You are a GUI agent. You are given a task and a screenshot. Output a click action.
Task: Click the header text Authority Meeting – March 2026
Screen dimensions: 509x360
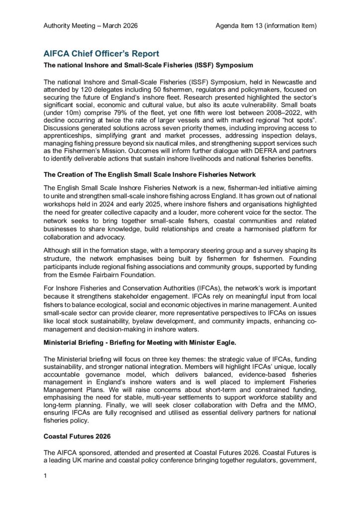click(x=90, y=25)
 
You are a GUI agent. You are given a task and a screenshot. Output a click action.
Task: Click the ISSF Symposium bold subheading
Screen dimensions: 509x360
click(x=142, y=65)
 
